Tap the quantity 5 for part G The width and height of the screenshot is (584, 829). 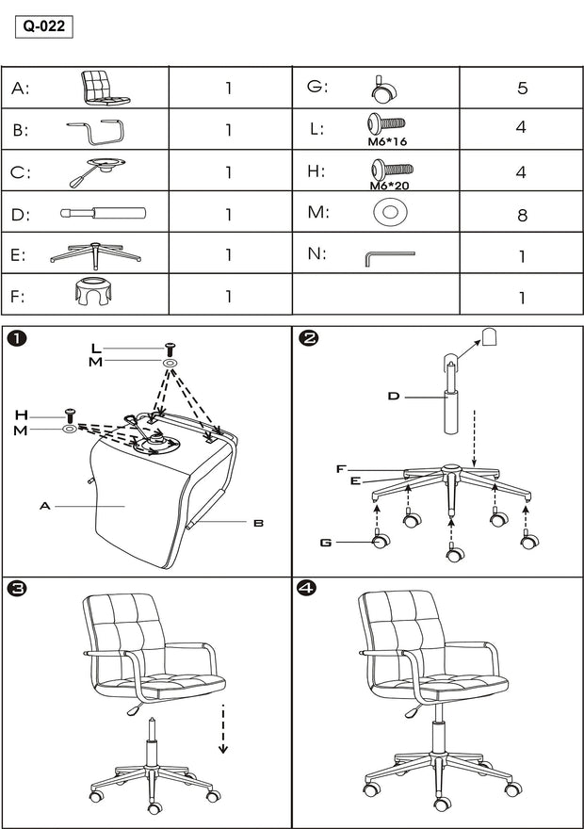tap(521, 89)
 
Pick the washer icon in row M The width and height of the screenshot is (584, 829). tap(388, 213)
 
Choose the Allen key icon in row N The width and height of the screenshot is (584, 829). tap(387, 256)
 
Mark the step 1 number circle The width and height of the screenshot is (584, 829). tap(16, 339)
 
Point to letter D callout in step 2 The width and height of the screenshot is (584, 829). tap(394, 396)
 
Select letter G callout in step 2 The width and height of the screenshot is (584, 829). tap(326, 542)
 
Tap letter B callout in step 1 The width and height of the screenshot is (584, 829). tap(258, 521)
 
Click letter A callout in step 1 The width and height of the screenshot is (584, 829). tap(43, 506)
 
